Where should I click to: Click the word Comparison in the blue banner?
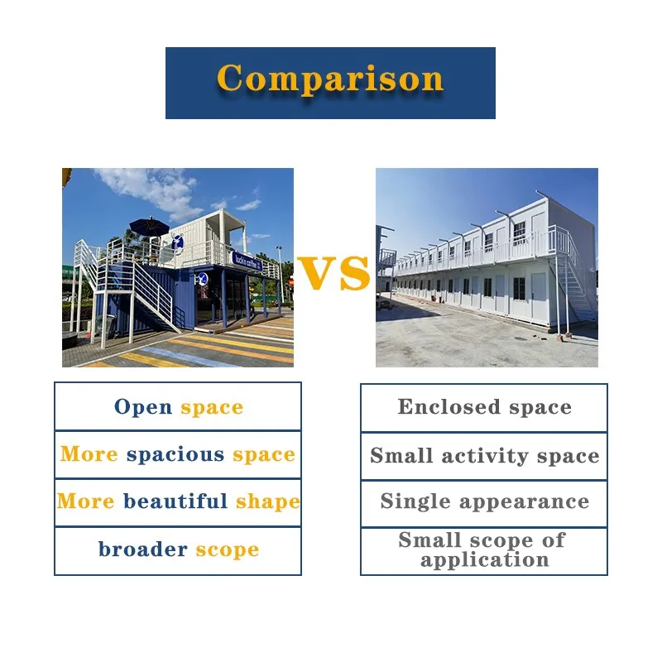coord(330,79)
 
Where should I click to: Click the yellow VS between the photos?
coord(333,274)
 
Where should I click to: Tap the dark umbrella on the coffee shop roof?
coord(149,226)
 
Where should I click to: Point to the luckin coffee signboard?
coord(247,262)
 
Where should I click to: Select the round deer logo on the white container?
coord(178,242)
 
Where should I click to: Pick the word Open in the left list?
coord(143,407)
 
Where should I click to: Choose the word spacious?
coord(175,455)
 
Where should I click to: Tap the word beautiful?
coord(175,501)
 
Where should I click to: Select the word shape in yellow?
coord(267,501)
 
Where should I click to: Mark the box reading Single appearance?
coord(484,502)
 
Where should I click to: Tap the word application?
coord(484,559)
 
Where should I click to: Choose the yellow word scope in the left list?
coord(227,549)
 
